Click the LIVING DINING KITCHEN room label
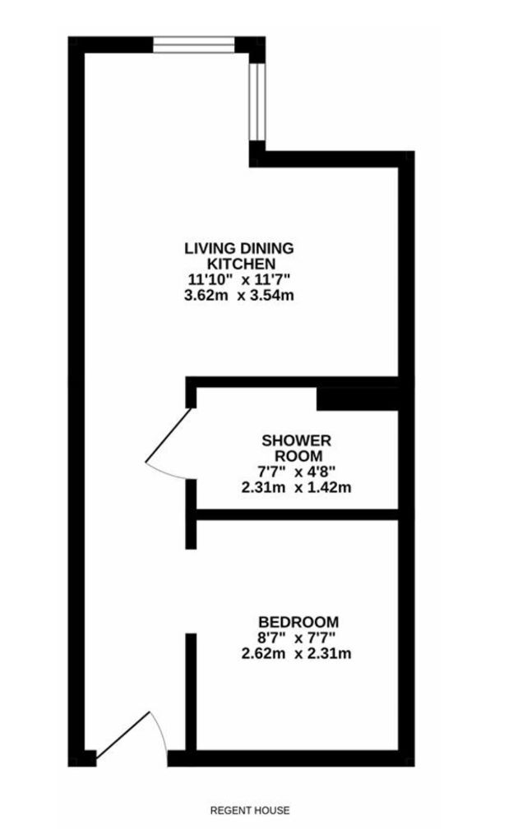click(x=239, y=256)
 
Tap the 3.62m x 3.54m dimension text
click(x=239, y=295)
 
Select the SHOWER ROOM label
click(x=296, y=448)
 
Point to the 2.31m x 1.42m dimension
click(x=296, y=487)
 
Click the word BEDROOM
click(x=298, y=622)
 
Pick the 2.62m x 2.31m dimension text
click(x=296, y=653)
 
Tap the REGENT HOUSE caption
click(x=250, y=810)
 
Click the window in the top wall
click(x=193, y=44)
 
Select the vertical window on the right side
click(x=257, y=102)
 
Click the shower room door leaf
click(x=169, y=435)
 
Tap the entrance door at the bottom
click(x=122, y=734)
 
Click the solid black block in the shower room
click(x=357, y=398)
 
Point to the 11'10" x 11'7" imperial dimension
click(x=239, y=279)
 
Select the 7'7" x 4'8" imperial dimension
click(x=296, y=471)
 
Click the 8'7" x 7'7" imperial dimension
click(x=296, y=638)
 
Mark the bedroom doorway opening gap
click(x=191, y=591)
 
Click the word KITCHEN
click(x=241, y=264)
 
